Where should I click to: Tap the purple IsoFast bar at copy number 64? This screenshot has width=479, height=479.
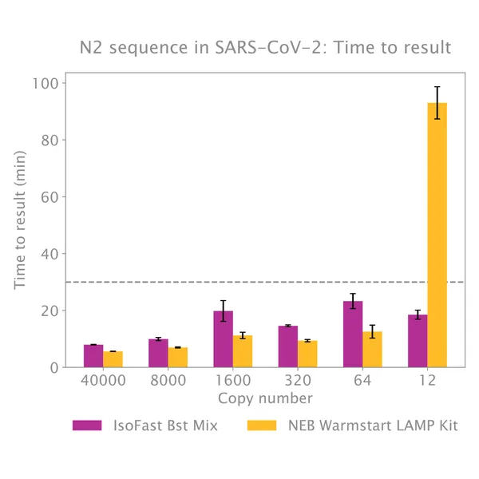pyautogui.click(x=353, y=335)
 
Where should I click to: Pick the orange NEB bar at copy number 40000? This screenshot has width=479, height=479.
pyautogui.click(x=113, y=359)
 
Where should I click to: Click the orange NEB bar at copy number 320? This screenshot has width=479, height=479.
pyautogui.click(x=307, y=354)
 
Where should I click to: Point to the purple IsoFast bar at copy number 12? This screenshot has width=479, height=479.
pyautogui.click(x=418, y=341)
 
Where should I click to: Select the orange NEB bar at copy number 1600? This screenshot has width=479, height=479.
pyautogui.click(x=243, y=351)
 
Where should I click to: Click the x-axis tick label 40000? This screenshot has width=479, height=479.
pyautogui.click(x=103, y=381)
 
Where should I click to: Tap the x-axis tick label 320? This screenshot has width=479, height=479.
pyautogui.click(x=298, y=381)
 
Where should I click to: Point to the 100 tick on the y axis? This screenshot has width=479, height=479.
pyautogui.click(x=49, y=83)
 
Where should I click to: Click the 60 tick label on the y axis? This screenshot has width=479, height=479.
pyautogui.click(x=53, y=196)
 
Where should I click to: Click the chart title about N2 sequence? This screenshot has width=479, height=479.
pyautogui.click(x=264, y=48)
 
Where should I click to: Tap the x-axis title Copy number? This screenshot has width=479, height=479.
pyautogui.click(x=265, y=398)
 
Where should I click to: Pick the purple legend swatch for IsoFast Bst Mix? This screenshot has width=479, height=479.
pyautogui.click(x=87, y=426)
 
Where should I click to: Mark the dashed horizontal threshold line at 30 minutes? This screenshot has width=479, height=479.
pyautogui.click(x=239, y=282)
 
